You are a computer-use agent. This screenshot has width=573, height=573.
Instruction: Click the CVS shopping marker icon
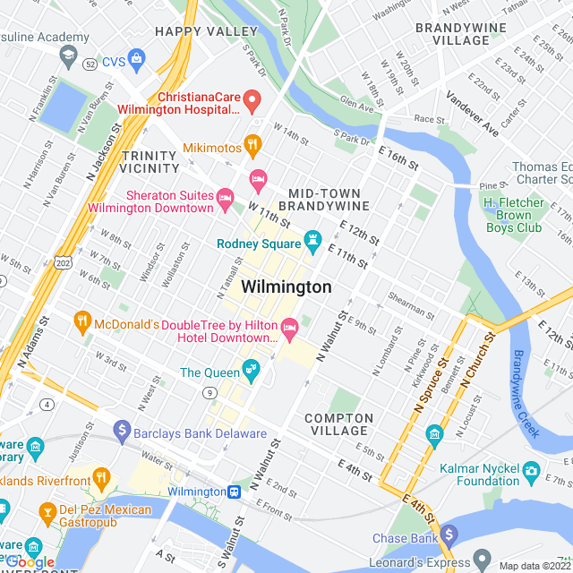tap(136, 61)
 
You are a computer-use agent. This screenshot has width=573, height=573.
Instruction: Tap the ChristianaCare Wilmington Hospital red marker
tap(252, 100)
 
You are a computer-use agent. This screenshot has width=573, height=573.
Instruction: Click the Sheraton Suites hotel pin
tap(225, 196)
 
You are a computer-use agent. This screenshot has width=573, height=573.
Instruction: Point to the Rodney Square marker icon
tap(312, 239)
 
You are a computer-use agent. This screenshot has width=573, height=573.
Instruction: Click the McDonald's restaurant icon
tap(82, 320)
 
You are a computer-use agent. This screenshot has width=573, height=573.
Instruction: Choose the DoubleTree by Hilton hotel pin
tap(289, 329)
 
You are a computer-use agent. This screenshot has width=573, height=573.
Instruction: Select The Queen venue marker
tap(251, 369)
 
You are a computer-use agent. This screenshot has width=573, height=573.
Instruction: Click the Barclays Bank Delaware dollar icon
tap(123, 432)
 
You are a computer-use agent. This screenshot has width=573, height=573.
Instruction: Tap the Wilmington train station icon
tap(234, 492)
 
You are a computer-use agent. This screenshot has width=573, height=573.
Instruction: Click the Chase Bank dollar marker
tap(449, 535)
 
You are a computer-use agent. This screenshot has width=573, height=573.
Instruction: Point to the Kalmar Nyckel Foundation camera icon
tap(531, 469)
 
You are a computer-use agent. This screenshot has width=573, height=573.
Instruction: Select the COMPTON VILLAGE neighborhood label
tap(338, 424)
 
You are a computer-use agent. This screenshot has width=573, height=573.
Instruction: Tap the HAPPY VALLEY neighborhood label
tap(206, 31)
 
